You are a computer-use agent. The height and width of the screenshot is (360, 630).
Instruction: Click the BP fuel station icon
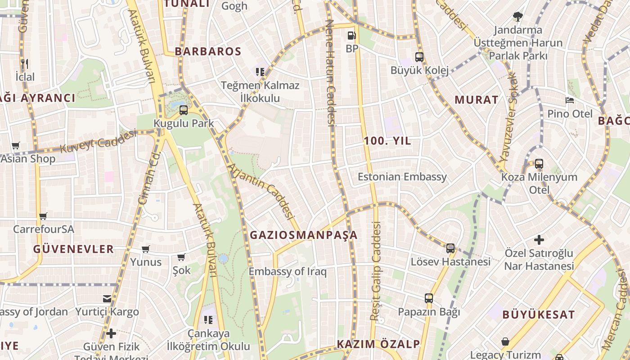tap(351, 36)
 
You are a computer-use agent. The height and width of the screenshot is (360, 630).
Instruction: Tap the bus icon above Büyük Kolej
tap(419, 57)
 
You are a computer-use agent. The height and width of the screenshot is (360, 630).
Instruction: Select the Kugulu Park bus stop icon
tap(184, 110)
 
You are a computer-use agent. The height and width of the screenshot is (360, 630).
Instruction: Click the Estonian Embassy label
tap(402, 177)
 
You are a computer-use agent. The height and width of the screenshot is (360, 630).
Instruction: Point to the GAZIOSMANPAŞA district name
tap(304, 235)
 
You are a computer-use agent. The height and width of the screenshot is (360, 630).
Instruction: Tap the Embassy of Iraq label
tap(288, 272)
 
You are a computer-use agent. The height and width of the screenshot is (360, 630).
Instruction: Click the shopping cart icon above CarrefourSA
tap(43, 216)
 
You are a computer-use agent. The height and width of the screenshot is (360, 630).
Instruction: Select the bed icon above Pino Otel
tap(570, 100)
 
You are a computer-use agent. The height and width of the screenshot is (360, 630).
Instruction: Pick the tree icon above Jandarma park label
tap(517, 17)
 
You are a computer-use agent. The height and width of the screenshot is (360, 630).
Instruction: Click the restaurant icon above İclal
tap(25, 64)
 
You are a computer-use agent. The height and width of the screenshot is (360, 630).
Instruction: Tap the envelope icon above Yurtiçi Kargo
tap(107, 299)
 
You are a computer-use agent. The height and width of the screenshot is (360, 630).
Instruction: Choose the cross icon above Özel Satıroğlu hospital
tap(539, 240)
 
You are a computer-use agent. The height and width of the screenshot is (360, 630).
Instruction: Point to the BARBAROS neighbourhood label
tap(208, 51)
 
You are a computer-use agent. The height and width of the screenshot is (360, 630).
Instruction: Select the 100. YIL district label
tap(387, 141)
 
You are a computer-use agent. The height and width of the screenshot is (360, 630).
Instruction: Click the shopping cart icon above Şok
tap(181, 257)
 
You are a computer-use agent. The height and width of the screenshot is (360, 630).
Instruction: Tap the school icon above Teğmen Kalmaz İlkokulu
tap(260, 72)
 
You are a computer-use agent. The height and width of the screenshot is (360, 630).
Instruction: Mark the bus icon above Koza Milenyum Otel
tap(539, 164)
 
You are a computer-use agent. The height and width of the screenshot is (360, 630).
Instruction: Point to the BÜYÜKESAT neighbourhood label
tap(539, 315)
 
